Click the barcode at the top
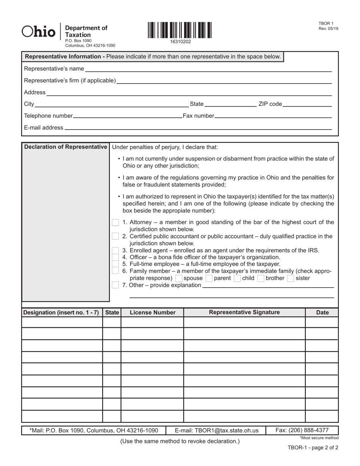[x=180, y=30]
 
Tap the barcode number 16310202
[x=181, y=42]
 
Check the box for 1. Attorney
[x=116, y=222]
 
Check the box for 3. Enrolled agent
[x=116, y=250]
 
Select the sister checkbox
[x=291, y=278]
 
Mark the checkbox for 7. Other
[x=116, y=285]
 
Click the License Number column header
[x=152, y=313]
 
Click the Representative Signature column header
[x=244, y=312]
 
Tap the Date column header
[x=322, y=313]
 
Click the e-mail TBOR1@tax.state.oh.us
[x=217, y=430]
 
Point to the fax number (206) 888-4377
[x=302, y=430]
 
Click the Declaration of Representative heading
[x=66, y=147]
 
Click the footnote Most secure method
[x=319, y=438]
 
